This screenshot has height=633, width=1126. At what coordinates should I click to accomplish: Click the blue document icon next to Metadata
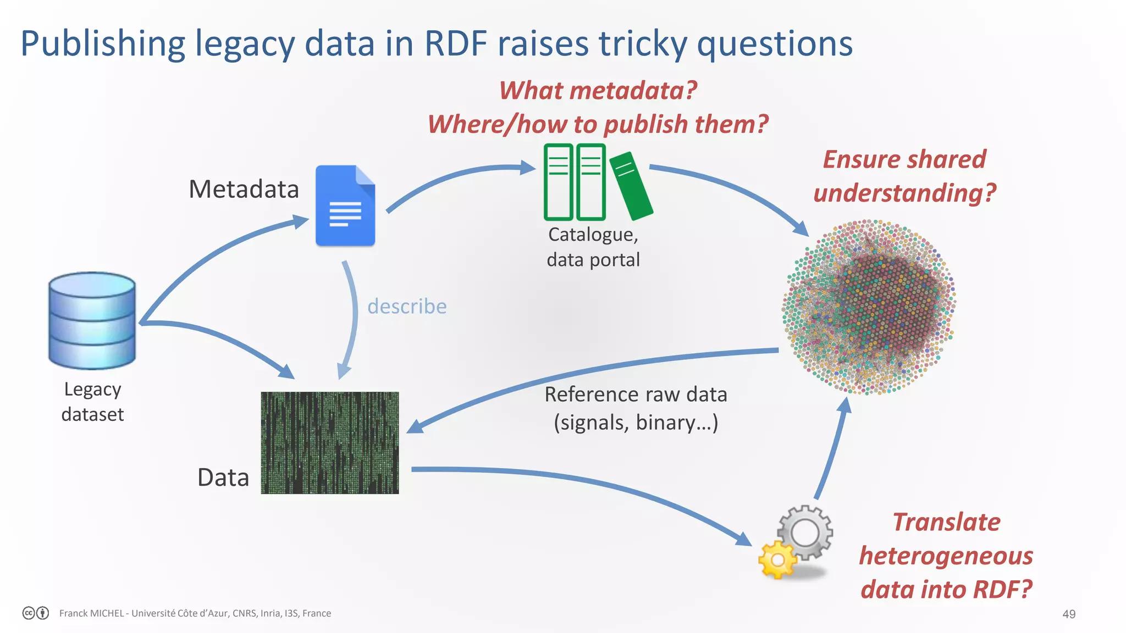tap(345, 206)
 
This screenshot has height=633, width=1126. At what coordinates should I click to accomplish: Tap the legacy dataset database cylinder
tap(92, 320)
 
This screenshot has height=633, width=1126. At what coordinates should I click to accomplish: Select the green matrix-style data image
tap(330, 442)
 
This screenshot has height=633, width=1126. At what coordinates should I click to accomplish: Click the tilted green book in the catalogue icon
tap(631, 185)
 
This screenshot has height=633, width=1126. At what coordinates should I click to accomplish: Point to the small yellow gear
tap(777, 559)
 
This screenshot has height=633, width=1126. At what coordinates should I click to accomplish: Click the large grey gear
tap(805, 531)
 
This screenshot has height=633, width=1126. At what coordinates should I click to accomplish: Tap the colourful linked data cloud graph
tap(869, 307)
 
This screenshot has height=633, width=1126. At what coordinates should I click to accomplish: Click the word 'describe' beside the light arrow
tap(407, 306)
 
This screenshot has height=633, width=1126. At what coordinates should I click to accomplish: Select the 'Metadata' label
tap(244, 189)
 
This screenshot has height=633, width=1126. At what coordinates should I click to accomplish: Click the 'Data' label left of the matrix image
tap(223, 477)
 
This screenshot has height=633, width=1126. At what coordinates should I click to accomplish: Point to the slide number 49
tap(1068, 614)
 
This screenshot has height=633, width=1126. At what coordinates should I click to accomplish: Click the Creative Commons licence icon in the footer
tap(36, 613)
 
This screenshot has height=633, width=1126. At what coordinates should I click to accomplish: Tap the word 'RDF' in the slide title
tap(456, 43)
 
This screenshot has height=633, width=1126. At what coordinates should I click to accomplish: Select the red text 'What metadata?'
tap(598, 90)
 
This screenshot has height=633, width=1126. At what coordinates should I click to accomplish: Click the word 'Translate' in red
tap(946, 522)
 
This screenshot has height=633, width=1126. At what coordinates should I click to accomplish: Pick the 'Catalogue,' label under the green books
tap(593, 235)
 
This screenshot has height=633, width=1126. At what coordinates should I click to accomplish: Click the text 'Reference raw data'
tap(636, 395)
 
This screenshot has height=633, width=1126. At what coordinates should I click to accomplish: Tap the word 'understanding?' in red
tap(904, 193)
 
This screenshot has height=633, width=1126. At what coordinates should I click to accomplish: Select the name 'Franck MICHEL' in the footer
tap(91, 613)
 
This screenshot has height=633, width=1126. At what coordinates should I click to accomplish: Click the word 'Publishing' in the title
tap(103, 43)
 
